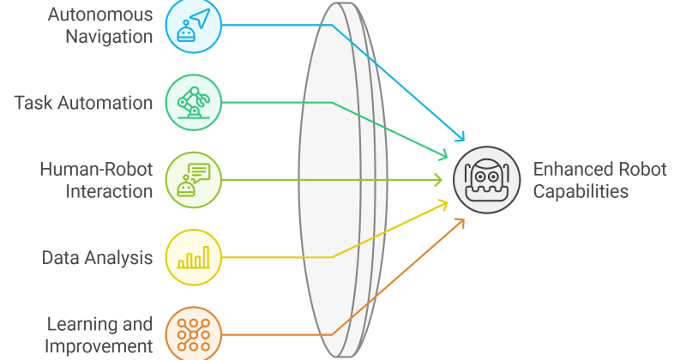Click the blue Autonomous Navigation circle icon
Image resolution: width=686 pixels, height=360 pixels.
point(194,26)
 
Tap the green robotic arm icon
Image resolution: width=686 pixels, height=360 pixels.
point(194,103)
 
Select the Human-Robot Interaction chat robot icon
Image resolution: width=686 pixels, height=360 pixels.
point(194,180)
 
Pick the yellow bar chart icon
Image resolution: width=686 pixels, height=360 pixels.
point(194,257)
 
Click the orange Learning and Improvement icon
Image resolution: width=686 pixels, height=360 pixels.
point(194,334)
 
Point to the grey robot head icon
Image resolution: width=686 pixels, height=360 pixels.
point(486,180)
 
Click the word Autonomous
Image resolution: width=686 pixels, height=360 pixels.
point(100,15)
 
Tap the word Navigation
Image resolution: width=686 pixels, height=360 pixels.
point(109,36)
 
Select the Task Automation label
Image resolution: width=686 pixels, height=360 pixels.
point(83,103)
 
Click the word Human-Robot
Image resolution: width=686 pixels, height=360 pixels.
point(96,169)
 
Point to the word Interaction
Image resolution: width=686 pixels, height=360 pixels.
point(109,191)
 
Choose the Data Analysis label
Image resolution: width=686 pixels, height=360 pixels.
point(97,258)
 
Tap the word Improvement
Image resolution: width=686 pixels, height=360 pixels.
point(99,346)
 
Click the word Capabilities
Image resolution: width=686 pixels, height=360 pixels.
point(581,191)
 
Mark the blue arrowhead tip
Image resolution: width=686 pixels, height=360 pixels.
point(464,141)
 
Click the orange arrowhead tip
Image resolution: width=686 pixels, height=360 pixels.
point(464,219)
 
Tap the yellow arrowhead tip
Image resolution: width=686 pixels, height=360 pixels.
point(447,201)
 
